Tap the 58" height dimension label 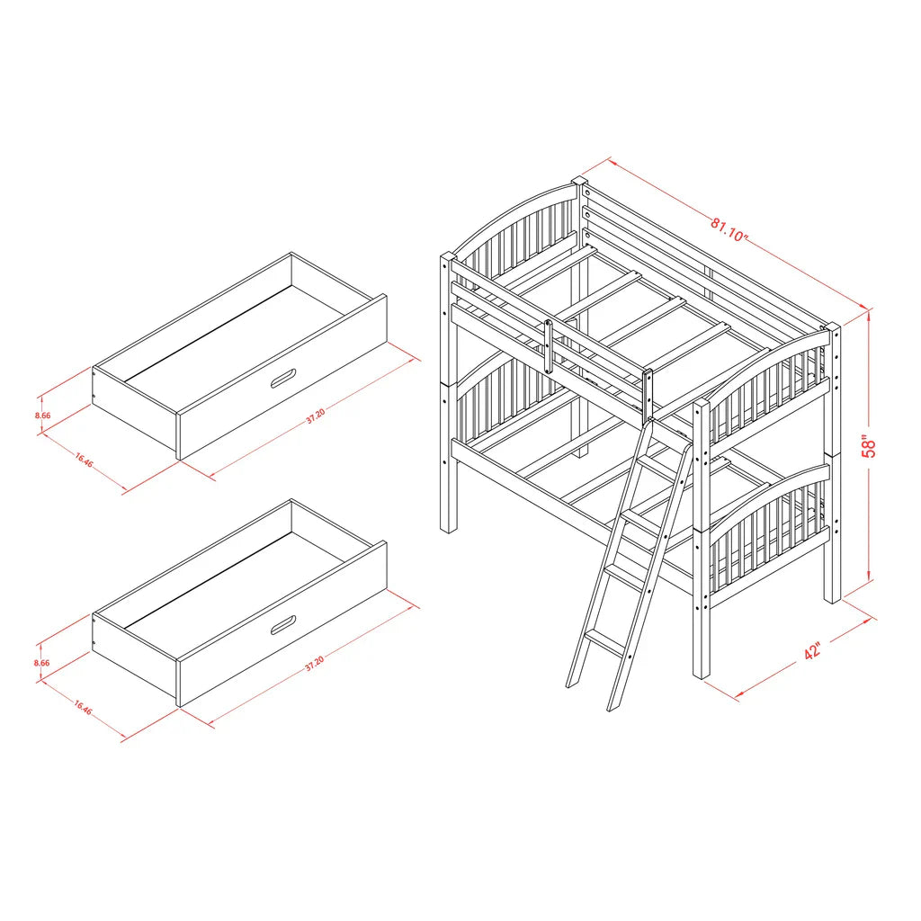[x=868, y=446]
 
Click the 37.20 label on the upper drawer [x=315, y=417]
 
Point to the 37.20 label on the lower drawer [x=314, y=665]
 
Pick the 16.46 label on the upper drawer [x=83, y=460]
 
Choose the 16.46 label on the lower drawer [x=82, y=709]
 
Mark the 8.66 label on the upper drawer [x=41, y=416]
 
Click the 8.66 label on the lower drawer [x=41, y=663]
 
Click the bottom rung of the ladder [x=604, y=642]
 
